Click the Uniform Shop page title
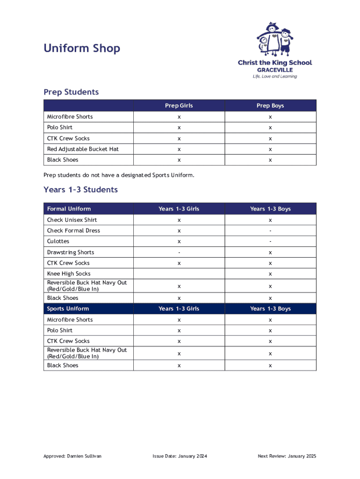tap(82, 48)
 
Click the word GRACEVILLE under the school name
tap(275, 70)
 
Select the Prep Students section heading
tap(71, 92)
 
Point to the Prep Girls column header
tap(179, 106)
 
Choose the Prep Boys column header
tap(270, 106)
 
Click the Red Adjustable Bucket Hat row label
tap(83, 149)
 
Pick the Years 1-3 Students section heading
tap(80, 190)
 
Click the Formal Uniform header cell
tap(69, 209)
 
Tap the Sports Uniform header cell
tap(68, 309)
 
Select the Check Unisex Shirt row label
tap(72, 220)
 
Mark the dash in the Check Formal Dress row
tap(270, 231)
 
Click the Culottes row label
tap(58, 241)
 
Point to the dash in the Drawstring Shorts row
tap(179, 252)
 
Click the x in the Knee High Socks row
tap(270, 274)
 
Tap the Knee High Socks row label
tap(69, 274)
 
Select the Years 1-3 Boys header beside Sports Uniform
tap(270, 309)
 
